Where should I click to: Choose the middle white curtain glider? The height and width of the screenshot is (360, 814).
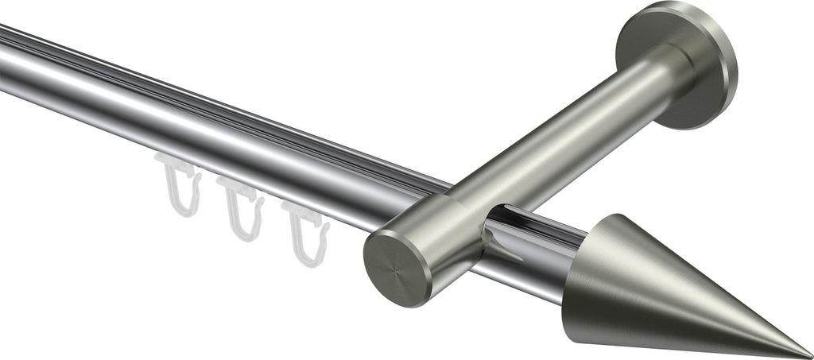pos(241,208)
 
